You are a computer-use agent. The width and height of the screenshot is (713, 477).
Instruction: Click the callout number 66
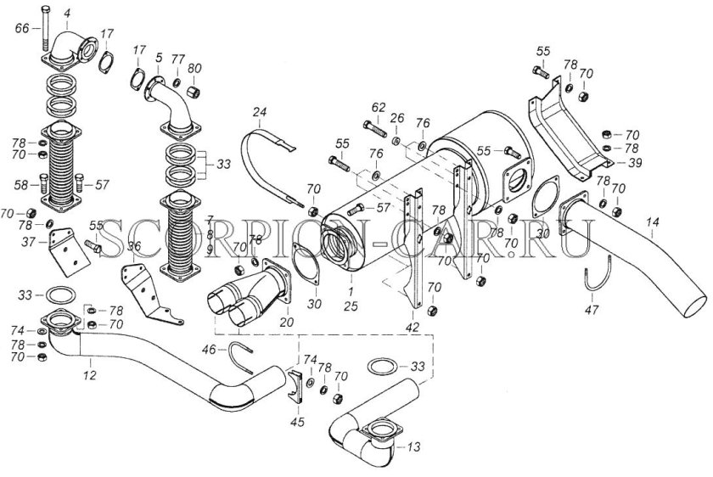(22, 28)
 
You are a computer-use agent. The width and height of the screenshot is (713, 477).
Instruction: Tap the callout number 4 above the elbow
(67, 12)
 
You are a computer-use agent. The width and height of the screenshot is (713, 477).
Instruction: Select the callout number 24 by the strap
(260, 112)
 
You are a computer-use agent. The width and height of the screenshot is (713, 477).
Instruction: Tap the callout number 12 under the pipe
(91, 373)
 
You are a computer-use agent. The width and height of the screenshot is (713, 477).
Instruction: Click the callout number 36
(134, 247)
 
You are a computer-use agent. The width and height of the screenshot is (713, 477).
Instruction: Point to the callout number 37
(28, 241)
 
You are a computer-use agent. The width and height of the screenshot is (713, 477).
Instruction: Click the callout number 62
(378, 107)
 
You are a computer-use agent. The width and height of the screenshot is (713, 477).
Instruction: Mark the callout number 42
(413, 326)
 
